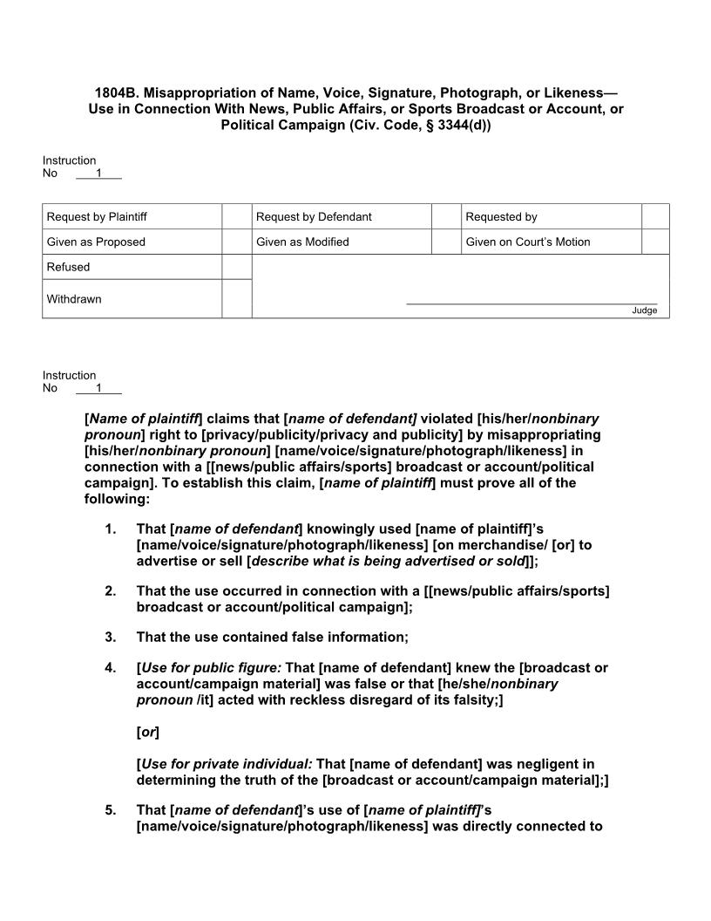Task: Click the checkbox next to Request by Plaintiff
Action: point(236,216)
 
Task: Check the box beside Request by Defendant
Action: point(446,216)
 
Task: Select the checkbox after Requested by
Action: point(654,216)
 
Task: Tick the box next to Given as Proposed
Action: point(236,242)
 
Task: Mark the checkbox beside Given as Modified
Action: point(446,242)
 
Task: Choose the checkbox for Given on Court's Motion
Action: point(654,242)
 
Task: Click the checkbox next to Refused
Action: point(236,267)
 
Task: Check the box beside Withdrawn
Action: point(236,299)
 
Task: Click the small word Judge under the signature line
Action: point(645,310)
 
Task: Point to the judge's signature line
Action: point(532,304)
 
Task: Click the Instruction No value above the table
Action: point(98,173)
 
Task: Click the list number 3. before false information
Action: point(110,637)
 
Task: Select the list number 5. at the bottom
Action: point(110,810)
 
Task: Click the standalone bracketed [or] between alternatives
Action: point(148,733)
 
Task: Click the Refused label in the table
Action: point(68,267)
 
